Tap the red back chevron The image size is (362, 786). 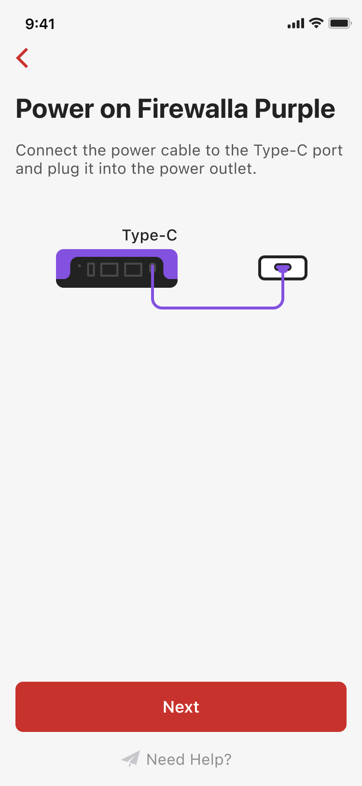(22, 58)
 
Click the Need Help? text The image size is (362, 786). (189, 759)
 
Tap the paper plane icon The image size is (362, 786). (130, 758)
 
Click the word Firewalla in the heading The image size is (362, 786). (193, 109)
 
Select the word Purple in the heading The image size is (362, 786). (294, 110)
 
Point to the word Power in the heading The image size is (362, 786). (55, 109)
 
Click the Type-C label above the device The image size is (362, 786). (150, 236)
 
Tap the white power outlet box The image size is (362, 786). (283, 268)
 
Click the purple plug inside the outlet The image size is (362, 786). (283, 268)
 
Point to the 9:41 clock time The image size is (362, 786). (40, 24)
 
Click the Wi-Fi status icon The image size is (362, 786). (316, 23)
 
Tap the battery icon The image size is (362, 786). (340, 24)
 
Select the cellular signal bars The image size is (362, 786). (296, 24)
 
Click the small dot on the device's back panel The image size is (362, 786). (80, 266)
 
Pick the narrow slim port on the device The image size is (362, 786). (91, 269)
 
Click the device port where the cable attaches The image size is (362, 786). (153, 269)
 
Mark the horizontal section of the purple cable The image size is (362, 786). (218, 308)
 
